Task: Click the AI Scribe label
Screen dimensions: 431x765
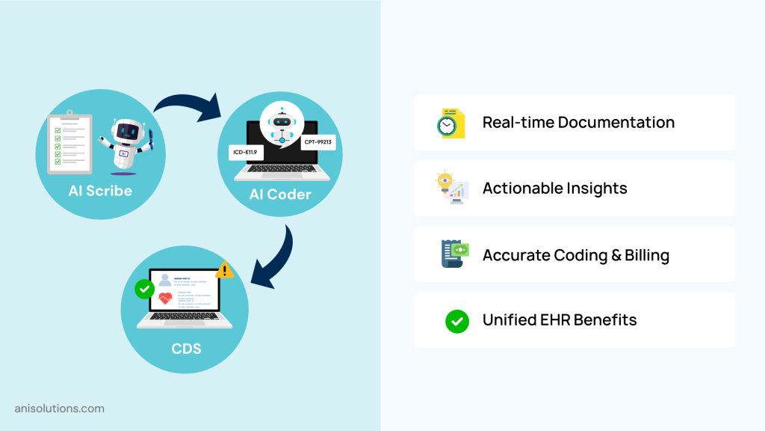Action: click(100, 191)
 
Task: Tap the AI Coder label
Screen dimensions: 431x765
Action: click(280, 195)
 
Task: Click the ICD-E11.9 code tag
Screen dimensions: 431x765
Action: click(245, 152)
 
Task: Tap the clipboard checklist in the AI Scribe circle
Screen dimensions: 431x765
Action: click(69, 140)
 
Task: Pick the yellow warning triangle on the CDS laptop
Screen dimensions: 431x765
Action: click(224, 270)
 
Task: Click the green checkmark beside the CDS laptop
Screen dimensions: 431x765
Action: click(144, 289)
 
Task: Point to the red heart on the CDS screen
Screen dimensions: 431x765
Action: click(166, 300)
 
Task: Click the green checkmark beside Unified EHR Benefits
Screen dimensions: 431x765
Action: click(456, 321)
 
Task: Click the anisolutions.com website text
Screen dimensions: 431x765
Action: click(60, 409)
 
